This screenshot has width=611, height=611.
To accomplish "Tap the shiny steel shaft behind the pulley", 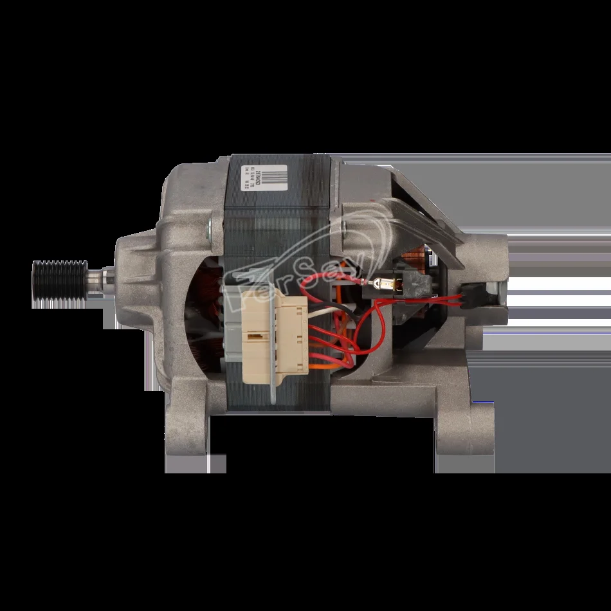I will (97, 281).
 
